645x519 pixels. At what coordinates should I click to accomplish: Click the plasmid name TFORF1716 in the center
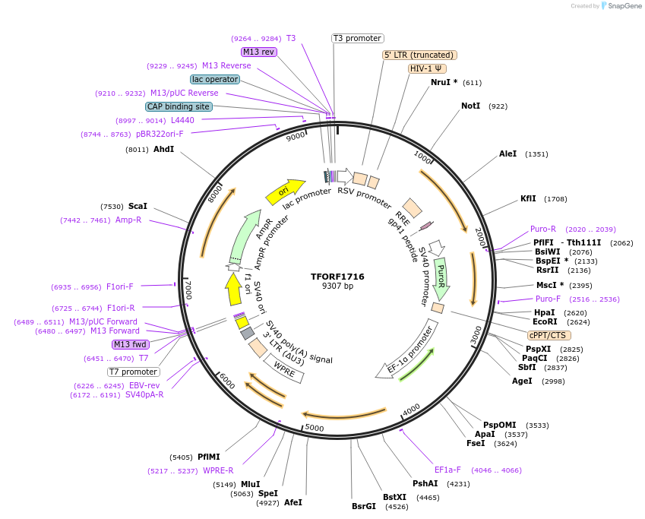coord(337,277)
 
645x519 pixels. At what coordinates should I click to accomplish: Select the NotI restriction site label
coord(471,106)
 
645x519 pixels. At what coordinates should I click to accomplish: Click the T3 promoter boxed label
coord(358,38)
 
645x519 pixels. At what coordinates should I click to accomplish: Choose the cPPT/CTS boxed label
coord(549,335)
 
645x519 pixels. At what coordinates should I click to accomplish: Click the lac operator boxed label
coord(215,79)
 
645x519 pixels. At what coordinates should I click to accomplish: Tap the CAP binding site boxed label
coord(179,107)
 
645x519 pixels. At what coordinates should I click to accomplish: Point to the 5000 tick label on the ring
coord(314,429)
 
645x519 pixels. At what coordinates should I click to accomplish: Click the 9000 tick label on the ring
coord(295,137)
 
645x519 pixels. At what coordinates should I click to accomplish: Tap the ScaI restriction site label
coord(138,206)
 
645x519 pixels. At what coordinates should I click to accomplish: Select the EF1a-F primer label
coord(447,470)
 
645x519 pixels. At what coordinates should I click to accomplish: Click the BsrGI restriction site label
coord(364,506)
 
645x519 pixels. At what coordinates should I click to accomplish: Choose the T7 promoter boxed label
coord(134,372)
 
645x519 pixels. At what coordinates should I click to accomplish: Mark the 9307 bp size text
coord(337,286)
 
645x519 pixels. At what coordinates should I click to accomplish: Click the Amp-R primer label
coord(128,220)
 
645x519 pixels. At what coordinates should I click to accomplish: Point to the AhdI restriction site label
coord(163,150)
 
